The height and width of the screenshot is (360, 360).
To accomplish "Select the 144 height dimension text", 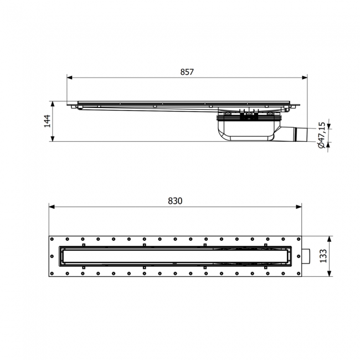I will coord(48,121).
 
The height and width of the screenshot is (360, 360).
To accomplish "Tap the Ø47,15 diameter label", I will coord(321,135).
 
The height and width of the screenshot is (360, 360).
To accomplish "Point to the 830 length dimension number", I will coord(175,201).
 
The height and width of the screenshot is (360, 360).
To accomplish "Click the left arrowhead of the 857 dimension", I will coord(70,78).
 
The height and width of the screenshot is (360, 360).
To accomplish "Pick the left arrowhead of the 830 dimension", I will coord(52,207).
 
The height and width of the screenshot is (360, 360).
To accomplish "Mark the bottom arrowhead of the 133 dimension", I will coord(329,274).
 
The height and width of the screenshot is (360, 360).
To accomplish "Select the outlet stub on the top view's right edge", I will coord(306,256).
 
